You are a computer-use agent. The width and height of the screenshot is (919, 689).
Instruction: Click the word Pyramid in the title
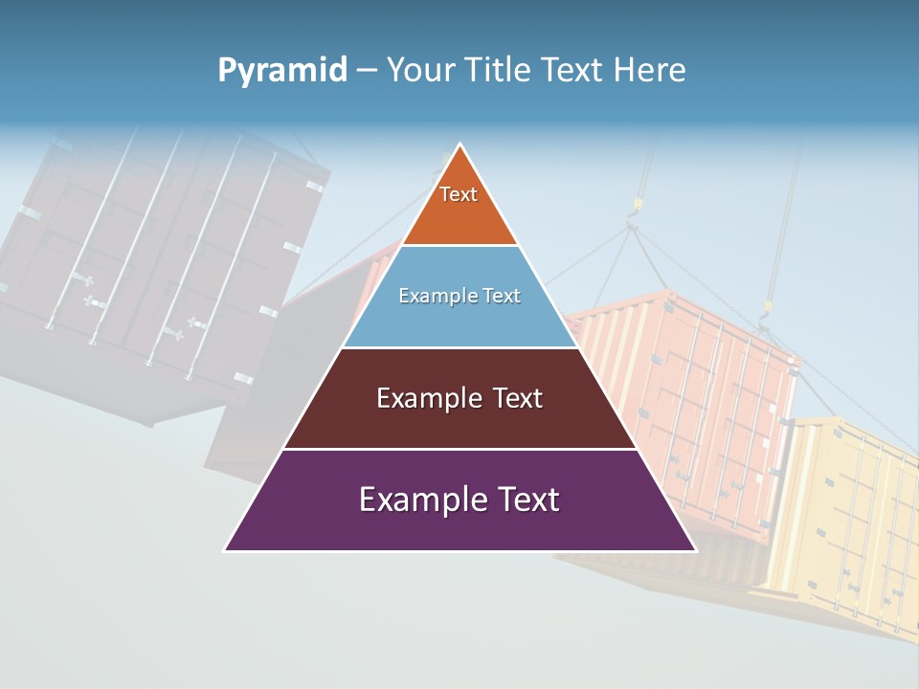(282, 71)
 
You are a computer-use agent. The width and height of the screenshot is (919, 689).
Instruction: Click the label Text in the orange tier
(459, 194)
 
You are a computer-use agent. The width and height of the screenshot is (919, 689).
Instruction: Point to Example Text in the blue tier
(459, 296)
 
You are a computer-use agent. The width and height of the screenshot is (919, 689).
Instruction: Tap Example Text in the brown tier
(459, 398)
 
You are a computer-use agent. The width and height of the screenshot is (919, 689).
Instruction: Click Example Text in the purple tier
(459, 500)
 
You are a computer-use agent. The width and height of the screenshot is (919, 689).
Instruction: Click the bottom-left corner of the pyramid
(226, 550)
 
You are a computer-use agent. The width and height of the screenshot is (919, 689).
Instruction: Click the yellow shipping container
(852, 517)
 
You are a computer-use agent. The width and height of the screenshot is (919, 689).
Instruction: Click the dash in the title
(367, 71)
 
